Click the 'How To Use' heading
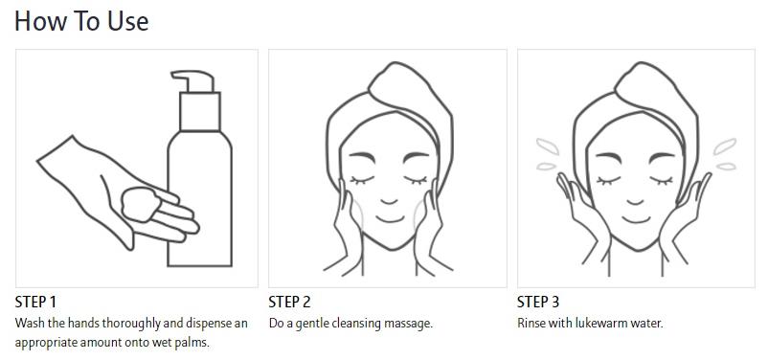point(81,21)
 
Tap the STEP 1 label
point(35,302)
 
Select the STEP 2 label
point(289,302)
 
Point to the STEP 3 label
point(538,302)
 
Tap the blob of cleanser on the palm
point(141,203)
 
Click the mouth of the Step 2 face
point(391,219)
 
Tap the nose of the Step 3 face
point(635,201)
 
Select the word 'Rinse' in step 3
point(528,324)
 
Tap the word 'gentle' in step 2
point(314,325)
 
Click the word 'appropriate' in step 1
point(42,343)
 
